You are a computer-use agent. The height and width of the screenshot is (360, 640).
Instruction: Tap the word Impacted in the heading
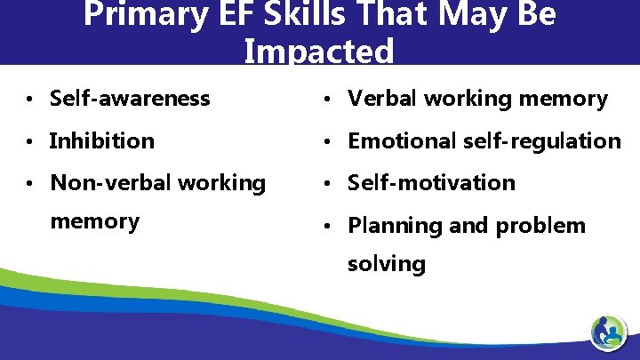pyautogui.click(x=319, y=52)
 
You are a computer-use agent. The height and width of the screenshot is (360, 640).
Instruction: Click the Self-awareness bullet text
pyautogui.click(x=130, y=98)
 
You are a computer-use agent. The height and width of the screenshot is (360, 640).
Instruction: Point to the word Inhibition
pyautogui.click(x=102, y=140)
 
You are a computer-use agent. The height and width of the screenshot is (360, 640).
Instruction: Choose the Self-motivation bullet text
pyautogui.click(x=431, y=183)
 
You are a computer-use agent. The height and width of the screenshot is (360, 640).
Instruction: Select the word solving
pyautogui.click(x=387, y=264)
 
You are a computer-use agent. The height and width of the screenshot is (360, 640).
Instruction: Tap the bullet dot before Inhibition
pyautogui.click(x=32, y=140)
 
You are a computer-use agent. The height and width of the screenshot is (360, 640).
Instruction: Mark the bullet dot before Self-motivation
pyautogui.click(x=330, y=183)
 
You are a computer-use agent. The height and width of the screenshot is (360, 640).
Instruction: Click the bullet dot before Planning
pyautogui.click(x=330, y=226)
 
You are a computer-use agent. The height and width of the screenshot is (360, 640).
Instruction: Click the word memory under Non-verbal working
pyautogui.click(x=94, y=221)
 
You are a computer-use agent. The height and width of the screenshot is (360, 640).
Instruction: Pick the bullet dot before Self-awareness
pyautogui.click(x=32, y=99)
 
